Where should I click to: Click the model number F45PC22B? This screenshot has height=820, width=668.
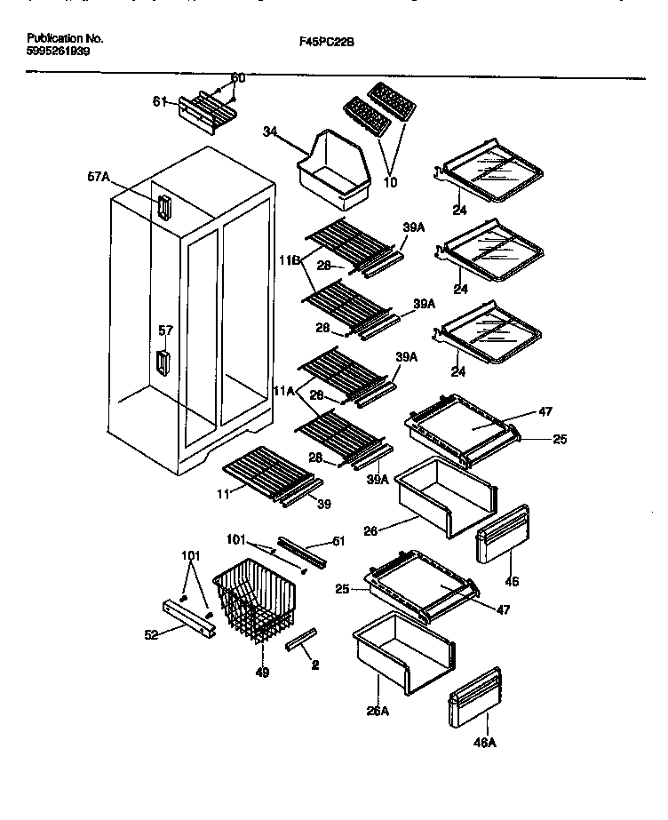coord(332,41)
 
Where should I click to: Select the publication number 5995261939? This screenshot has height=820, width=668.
coord(58,52)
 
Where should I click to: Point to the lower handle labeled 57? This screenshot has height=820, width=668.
coord(162,362)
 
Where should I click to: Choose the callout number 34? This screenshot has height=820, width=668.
coord(270,131)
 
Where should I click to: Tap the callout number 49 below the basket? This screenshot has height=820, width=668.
coord(262,673)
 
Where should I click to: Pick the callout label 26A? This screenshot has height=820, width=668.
coord(379,711)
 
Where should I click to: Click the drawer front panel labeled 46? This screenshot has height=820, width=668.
coord(503,535)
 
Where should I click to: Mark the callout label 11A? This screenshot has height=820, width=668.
coord(285,390)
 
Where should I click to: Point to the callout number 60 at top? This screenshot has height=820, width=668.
coord(237,78)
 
